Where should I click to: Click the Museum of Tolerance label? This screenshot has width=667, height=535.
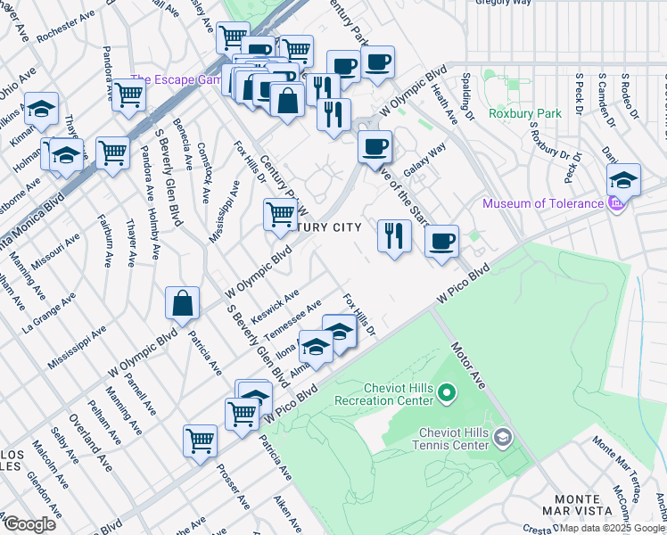tap(542, 203)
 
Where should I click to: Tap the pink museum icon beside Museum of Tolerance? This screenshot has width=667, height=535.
tap(613, 204)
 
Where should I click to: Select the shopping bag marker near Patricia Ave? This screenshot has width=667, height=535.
tap(182, 303)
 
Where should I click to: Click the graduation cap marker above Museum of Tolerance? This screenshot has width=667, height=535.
tap(623, 177)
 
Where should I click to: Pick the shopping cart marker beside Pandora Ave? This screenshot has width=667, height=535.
tap(129, 93)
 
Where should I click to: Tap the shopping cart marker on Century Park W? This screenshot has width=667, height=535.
tap(280, 214)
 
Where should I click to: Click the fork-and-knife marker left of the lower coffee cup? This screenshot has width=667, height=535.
tap(394, 235)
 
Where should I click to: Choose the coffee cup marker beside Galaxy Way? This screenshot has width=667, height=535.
tap(375, 145)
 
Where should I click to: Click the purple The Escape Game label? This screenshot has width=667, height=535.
tap(176, 79)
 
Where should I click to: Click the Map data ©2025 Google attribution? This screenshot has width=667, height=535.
tap(613, 528)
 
